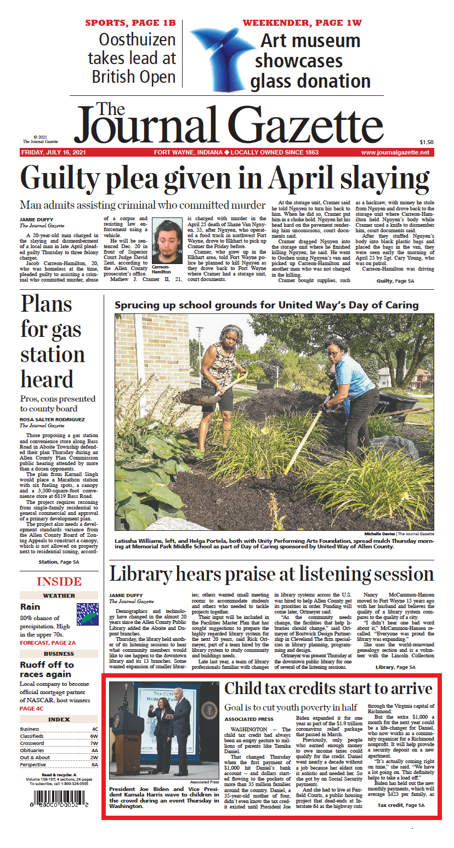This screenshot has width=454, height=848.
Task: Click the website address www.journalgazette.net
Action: tap(395, 152)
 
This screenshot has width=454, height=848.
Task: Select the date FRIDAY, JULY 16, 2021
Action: tap(53, 152)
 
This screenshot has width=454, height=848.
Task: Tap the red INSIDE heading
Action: tap(59, 582)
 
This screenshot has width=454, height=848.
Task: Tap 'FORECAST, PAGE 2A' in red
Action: tap(48, 642)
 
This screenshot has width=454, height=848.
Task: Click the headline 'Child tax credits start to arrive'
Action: tap(328, 689)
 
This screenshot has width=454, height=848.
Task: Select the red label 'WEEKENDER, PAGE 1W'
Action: tap(302, 23)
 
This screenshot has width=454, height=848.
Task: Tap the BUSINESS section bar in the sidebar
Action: tap(59, 654)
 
